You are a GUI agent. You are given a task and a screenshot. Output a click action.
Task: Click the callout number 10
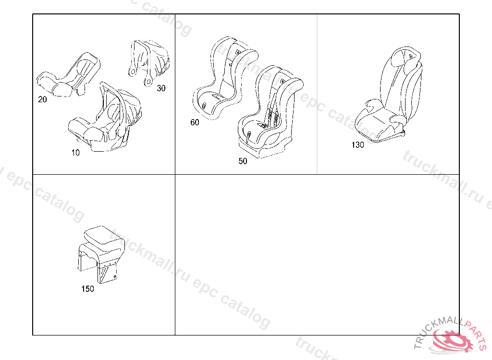click(75, 153)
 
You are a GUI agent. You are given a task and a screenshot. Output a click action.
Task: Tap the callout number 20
click(42, 100)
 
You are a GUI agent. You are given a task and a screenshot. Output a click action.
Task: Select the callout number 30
click(161, 88)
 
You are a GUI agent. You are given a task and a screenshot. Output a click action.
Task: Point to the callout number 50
click(243, 161)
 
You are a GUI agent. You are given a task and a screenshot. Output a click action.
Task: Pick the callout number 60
click(195, 122)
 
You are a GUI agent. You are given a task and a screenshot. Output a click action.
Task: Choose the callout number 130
click(357, 145)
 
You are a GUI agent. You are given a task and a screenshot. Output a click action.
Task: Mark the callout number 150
click(87, 289)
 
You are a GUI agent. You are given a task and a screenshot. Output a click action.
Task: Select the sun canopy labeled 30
click(149, 63)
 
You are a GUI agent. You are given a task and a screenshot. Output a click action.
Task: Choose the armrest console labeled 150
click(101, 254)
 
